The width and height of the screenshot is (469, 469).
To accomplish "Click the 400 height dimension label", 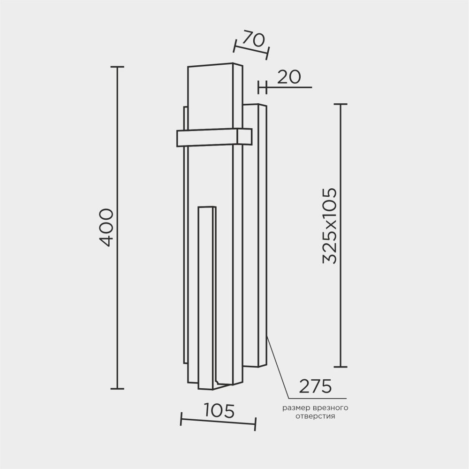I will (x=106, y=228).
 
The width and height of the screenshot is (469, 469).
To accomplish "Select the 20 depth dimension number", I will (x=288, y=77).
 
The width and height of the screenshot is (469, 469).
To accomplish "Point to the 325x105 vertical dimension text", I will (x=330, y=226).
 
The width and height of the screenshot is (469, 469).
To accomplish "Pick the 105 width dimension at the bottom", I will (x=219, y=411).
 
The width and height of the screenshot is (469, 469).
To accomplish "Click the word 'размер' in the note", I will (x=294, y=407).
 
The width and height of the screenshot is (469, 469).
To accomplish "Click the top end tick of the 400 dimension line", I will (x=117, y=67).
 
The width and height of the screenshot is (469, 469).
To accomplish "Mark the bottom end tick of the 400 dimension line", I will (x=117, y=389).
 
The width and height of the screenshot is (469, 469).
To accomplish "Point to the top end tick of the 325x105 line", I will (x=340, y=104).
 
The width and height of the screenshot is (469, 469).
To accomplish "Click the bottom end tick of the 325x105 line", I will (x=340, y=367).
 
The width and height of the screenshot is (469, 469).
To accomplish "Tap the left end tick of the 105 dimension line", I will (x=182, y=419).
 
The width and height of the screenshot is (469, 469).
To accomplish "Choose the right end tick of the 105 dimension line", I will (x=255, y=424).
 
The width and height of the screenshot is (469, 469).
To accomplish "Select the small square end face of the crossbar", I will (x=244, y=136).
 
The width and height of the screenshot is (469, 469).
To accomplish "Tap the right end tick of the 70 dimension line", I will (x=267, y=53).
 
